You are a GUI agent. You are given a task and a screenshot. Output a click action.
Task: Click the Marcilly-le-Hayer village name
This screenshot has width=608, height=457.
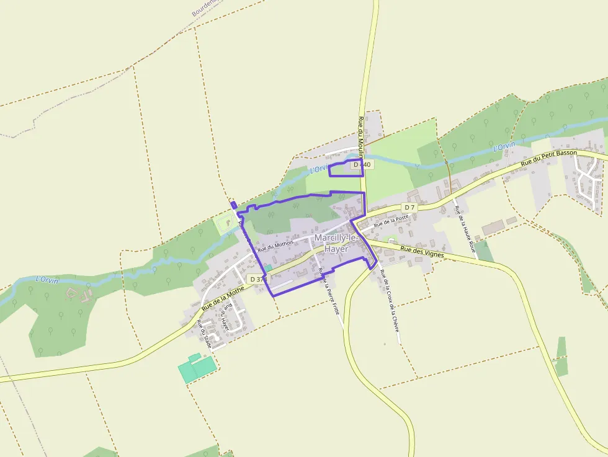[x=336, y=243]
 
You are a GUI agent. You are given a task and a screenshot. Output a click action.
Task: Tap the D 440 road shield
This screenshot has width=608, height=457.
[x=362, y=165]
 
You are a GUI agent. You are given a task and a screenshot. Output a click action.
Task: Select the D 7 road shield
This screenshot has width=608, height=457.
[x=409, y=206]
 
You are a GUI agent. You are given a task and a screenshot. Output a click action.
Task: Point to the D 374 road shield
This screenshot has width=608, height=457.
[x=256, y=280]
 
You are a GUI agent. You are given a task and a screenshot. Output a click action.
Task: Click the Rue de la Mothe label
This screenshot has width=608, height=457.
[x=223, y=299]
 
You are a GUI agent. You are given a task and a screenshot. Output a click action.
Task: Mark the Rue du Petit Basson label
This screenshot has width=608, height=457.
[x=548, y=158]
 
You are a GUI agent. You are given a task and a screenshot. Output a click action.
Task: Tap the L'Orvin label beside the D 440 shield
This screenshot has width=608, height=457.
[x=318, y=169]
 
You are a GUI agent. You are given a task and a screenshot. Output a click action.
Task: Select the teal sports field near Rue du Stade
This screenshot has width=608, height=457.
[x=197, y=368]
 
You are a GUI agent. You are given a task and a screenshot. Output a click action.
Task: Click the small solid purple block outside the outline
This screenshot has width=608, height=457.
[x=233, y=205]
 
